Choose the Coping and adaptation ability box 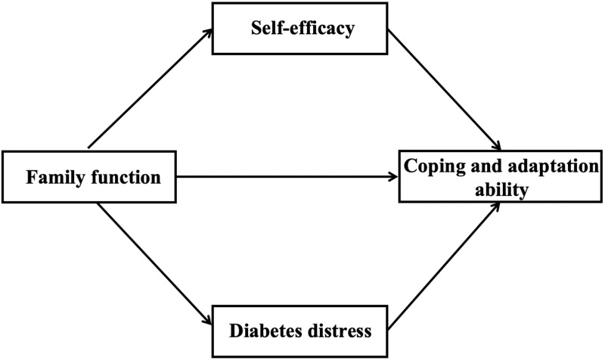502,177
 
